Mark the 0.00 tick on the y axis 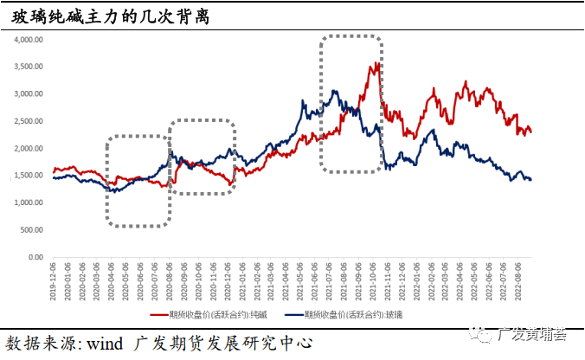35,257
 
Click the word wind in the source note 102,343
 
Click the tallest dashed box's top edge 350,37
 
